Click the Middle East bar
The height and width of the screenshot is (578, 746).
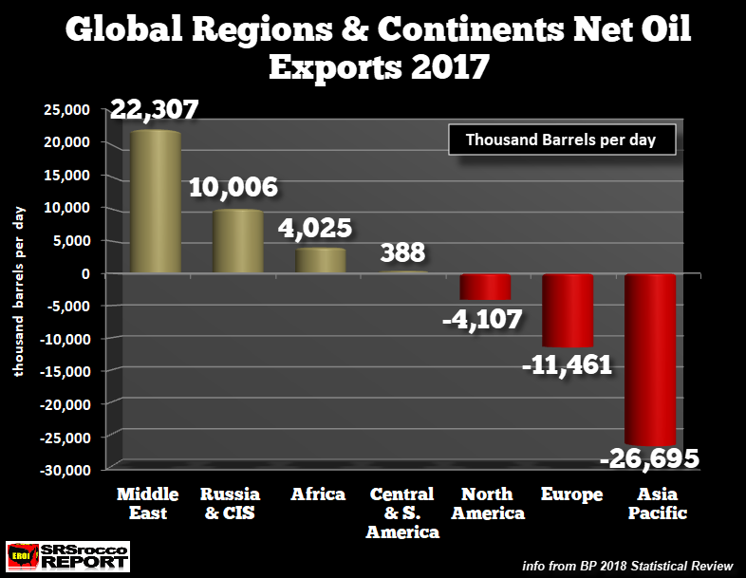pyautogui.click(x=155, y=202)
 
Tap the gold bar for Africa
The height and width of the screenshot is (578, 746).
pyautogui.click(x=320, y=260)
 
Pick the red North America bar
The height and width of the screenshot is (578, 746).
pyautogui.click(x=485, y=287)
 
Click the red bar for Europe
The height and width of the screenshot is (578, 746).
pyautogui.click(x=567, y=310)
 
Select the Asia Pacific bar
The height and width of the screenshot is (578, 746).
pyautogui.click(x=649, y=359)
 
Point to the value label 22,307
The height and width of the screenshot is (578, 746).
pyautogui.click(x=155, y=110)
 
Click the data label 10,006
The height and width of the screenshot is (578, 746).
pyautogui.click(x=233, y=187)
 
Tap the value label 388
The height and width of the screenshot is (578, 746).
pyautogui.click(x=402, y=253)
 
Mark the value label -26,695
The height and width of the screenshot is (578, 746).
pyautogui.click(x=649, y=460)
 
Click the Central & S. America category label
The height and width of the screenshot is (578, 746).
pyautogui.click(x=402, y=513)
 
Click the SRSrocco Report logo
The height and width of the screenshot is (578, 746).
pyautogui.click(x=67, y=557)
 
